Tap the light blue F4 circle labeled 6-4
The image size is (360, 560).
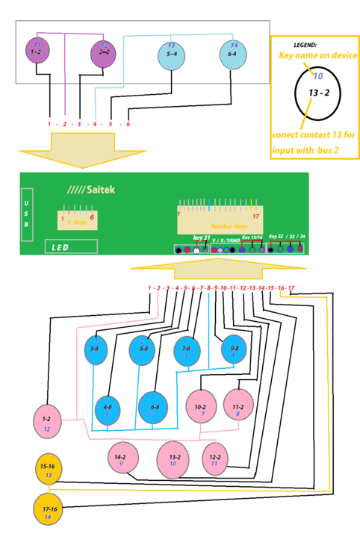[233, 54]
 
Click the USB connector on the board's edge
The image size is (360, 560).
[27, 214]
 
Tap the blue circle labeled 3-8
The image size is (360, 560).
[97, 349]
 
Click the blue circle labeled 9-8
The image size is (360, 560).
[234, 349]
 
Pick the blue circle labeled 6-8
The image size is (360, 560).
[155, 408]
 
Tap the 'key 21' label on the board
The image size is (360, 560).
[202, 237]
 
